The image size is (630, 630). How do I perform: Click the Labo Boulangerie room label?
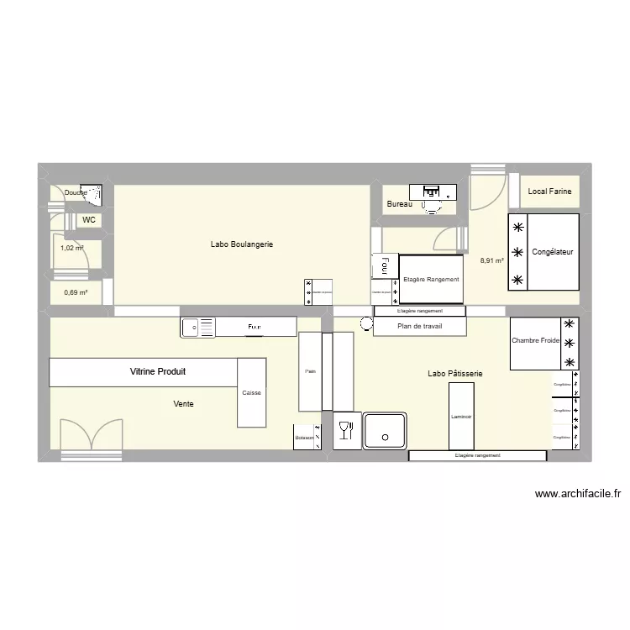tap(242, 244)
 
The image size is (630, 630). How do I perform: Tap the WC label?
tap(88, 220)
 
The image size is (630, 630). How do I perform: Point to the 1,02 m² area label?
tap(72, 248)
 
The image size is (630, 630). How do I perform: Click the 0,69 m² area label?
tap(76, 292)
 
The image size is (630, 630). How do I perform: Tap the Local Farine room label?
tap(549, 192)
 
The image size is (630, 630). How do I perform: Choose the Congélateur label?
tap(553, 252)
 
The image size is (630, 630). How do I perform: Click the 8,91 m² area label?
tap(491, 260)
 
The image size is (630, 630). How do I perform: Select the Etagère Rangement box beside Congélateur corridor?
tap(431, 279)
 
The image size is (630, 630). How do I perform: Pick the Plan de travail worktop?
tap(419, 326)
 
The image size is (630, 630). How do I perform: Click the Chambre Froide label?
tap(535, 341)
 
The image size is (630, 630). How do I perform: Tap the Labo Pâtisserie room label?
tap(454, 374)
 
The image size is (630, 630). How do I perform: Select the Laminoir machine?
tap(461, 416)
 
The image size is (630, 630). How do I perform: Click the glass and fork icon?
tap(344, 432)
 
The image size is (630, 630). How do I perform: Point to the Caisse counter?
tap(251, 392)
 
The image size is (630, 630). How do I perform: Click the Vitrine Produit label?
tap(157, 371)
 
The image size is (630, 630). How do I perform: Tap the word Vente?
tap(183, 404)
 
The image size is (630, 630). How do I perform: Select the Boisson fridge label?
tap(304, 438)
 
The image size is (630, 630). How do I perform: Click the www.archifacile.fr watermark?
tap(577, 495)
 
